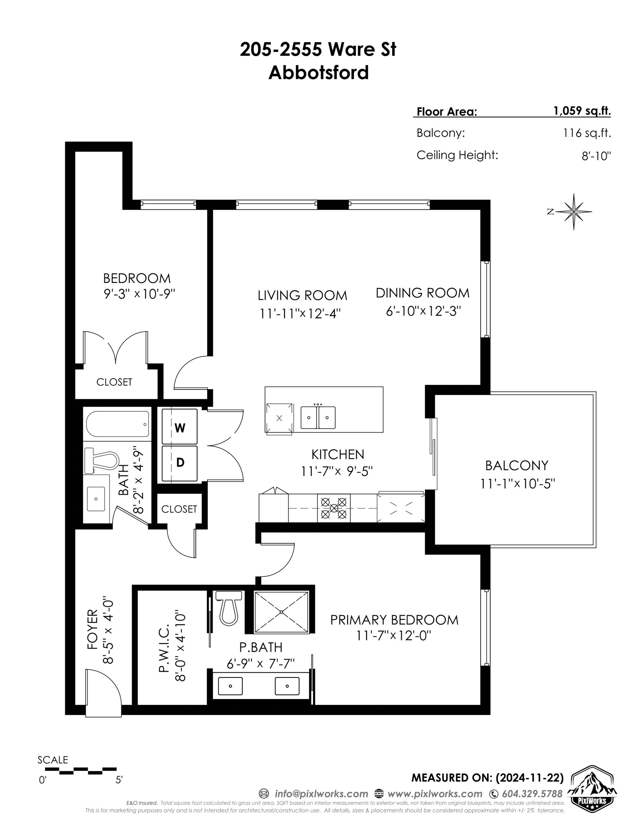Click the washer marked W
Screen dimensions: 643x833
coord(180,426)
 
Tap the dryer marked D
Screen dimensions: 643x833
coord(180,463)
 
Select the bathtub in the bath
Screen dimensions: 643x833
coord(117,424)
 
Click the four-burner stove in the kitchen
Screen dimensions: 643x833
coord(334,508)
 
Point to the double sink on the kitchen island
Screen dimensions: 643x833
coord(318,417)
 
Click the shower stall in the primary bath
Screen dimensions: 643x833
coord(282,612)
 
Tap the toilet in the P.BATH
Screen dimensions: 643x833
coord(228,608)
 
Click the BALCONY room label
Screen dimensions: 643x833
coord(517,465)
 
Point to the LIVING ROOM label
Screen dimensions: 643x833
coord(303,295)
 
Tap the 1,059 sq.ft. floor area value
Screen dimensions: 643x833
coord(582,111)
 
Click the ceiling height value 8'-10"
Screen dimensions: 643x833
coord(596,156)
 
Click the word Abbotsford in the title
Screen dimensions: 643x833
coord(319,72)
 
